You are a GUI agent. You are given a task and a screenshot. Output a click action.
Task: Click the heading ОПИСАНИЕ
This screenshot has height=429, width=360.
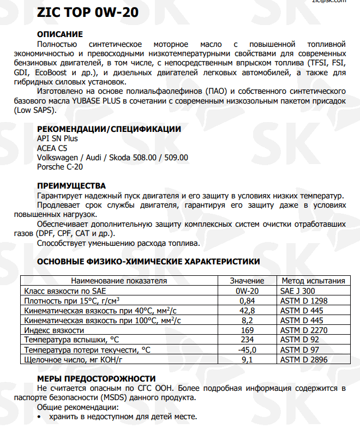tap(59, 34)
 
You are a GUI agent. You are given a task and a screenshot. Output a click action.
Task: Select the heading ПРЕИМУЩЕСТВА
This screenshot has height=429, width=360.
tap(71, 186)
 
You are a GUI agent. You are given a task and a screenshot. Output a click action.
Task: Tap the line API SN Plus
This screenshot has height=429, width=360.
tap(57, 138)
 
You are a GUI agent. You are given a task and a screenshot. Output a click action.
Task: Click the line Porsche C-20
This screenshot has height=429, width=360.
tap(59, 167)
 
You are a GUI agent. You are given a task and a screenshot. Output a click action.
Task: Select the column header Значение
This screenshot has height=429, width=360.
tap(247, 281)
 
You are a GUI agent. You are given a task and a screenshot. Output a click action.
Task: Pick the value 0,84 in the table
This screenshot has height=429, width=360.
tap(247, 300)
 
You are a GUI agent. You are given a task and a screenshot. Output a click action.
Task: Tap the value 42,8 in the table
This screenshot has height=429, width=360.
tap(247, 310)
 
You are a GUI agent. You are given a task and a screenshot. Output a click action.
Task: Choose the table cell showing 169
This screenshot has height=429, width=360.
tap(247, 330)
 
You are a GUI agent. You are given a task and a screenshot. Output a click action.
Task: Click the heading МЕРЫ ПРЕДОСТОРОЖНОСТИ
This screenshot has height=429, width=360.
tap(96, 378)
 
